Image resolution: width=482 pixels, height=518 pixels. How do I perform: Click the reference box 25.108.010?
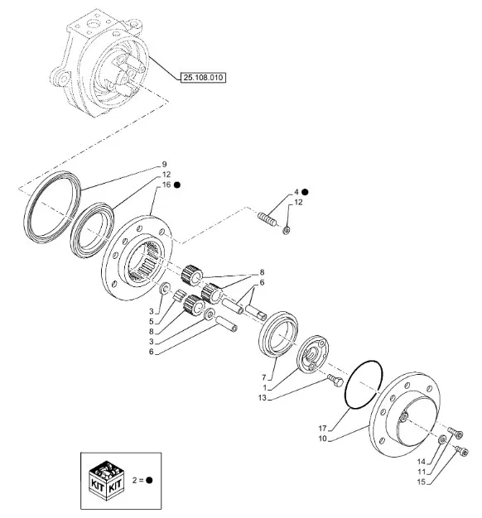pos(203,78)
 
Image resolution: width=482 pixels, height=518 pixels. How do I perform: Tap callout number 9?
pos(164,164)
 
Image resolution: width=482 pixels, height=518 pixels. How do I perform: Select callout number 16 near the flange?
pos(166,185)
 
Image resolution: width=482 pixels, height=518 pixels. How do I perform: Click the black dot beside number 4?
pos(305,192)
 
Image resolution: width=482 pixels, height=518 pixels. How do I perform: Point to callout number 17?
pos(322,429)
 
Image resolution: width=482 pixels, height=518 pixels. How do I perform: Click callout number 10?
pos(322,439)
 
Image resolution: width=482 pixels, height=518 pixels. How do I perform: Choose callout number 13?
pos(262,398)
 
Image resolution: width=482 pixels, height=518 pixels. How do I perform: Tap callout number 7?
pos(264,377)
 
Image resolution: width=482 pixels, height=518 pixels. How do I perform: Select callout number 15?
pos(421,482)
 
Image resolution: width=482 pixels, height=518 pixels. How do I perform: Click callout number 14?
pos(421,462)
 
